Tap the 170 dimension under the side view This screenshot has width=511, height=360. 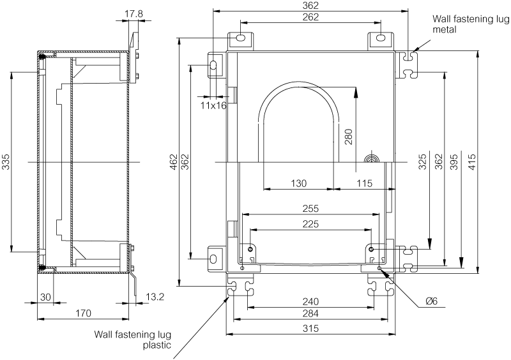coord(83,313)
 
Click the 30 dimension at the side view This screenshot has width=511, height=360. coord(45,296)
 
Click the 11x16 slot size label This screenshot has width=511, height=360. coord(213,105)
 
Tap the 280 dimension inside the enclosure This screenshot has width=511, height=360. coord(348,137)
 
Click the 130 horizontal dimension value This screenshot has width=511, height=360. coord(298,183)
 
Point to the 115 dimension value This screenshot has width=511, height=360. coord(364,183)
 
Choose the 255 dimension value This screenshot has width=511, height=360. coord(312,209)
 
